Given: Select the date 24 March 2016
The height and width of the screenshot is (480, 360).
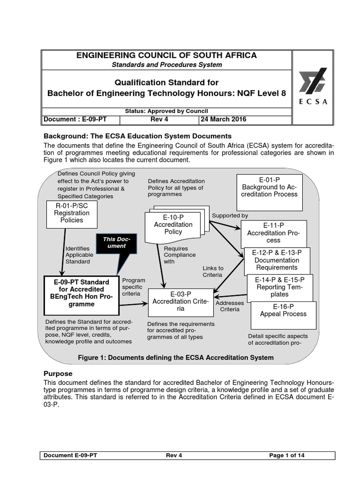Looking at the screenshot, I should pos(224,120).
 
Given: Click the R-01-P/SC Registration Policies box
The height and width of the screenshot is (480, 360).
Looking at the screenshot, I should pos(72,212).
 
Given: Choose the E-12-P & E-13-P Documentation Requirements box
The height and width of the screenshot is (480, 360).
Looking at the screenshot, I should pos(277,260).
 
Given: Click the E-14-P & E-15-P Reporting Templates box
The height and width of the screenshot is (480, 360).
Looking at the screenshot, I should pos(279,287).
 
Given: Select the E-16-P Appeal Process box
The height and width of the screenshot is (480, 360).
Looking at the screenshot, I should pos(283,310).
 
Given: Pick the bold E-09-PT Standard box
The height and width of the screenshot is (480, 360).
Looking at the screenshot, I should pos(81,293).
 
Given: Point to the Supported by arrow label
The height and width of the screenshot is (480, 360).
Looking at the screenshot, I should pos(230,216).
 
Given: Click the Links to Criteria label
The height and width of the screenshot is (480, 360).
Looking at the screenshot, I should pos(213,271).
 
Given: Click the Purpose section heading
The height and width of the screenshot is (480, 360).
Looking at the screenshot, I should pos(58,374).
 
